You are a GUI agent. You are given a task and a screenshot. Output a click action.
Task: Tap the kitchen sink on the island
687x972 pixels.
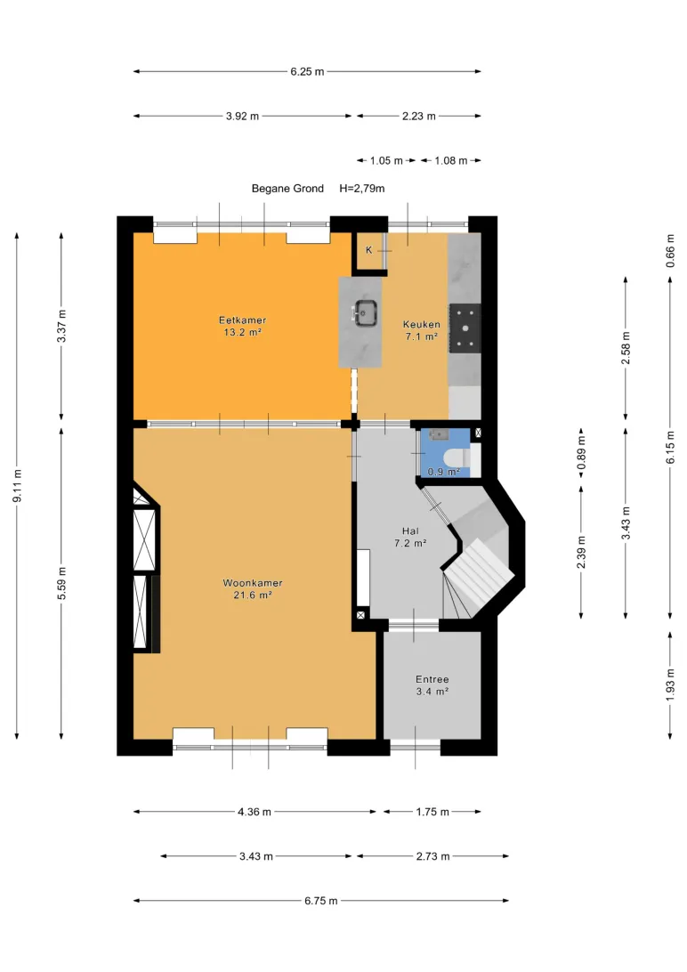click(x=366, y=312)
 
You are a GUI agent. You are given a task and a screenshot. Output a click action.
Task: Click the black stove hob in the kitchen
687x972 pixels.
click(x=465, y=328)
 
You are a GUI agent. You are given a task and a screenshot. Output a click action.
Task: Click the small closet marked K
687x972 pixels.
click(x=370, y=252)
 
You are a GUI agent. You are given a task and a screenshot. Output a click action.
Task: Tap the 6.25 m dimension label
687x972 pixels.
click(x=307, y=72)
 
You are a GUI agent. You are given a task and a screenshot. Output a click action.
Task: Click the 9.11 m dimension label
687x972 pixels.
click(x=17, y=486)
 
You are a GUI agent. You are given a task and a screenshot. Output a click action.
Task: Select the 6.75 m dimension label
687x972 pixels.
click(x=321, y=901)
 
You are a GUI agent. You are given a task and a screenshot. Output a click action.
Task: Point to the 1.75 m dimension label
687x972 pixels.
click(x=432, y=812)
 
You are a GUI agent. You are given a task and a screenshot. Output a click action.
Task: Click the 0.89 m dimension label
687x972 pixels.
click(x=581, y=453)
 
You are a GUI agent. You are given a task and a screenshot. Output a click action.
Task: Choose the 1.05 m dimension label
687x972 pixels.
click(x=386, y=160)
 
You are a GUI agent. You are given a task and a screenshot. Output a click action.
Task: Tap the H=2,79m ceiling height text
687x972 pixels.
click(x=362, y=189)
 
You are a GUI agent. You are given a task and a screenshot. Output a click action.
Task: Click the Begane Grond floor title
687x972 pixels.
click(x=287, y=189)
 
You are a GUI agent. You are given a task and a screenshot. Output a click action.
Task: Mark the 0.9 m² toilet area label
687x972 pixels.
click(x=443, y=472)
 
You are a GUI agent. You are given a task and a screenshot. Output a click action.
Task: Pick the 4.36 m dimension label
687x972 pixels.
click(x=254, y=812)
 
